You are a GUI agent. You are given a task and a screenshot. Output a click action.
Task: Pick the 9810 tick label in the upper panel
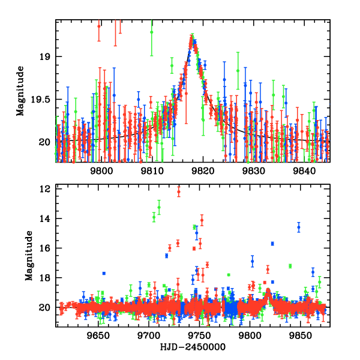click(x=152, y=170)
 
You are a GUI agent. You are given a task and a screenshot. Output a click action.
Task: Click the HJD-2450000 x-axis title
click(x=193, y=347)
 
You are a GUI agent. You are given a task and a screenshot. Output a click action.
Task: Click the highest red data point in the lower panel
click(x=179, y=191)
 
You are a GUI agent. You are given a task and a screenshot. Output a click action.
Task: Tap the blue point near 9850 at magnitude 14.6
click(x=299, y=227)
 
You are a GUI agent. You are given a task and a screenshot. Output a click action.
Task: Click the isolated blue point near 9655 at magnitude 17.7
click(x=104, y=273)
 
